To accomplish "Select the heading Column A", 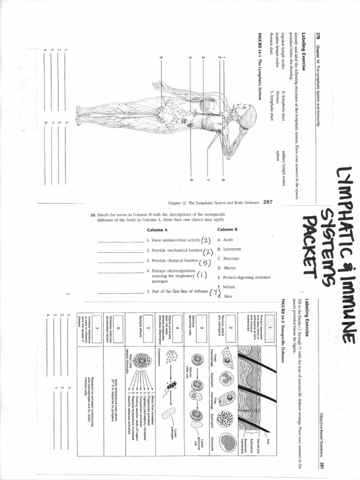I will tap(157, 230).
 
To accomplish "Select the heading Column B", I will tap(228, 229).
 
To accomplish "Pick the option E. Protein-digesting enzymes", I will tap(244, 277).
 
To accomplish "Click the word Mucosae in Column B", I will tap(228, 258).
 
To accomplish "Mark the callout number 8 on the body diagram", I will tap(192, 180).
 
